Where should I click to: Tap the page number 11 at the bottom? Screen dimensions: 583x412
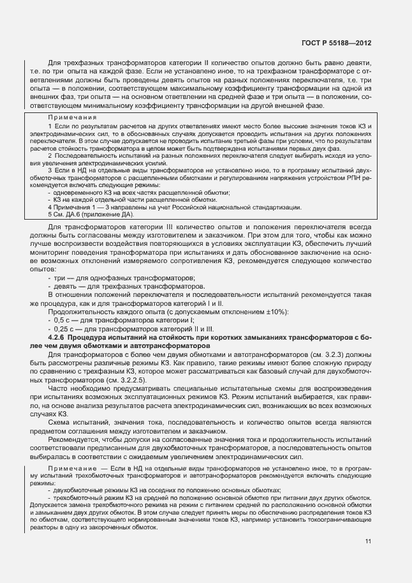(x=368, y=542)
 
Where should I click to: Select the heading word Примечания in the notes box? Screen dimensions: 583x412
(x=72, y=117)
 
